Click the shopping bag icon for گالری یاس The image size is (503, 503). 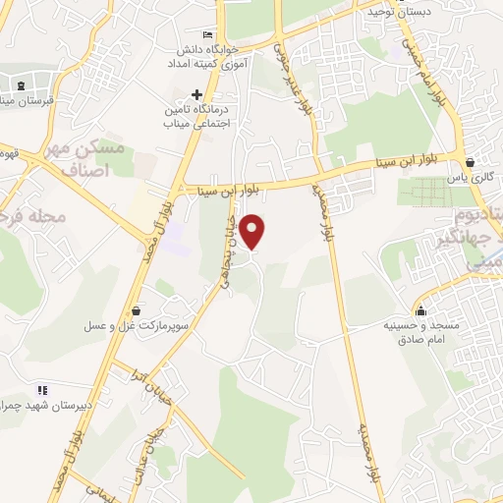pyautogui.click(x=471, y=163)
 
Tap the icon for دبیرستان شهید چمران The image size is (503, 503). pyautogui.click(x=41, y=390)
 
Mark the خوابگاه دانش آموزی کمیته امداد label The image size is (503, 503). pyautogui.click(x=213, y=55)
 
